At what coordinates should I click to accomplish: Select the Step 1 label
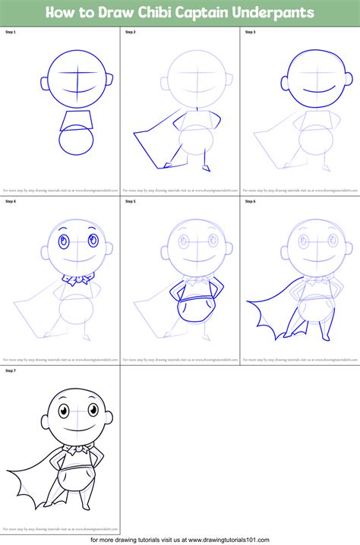pyautogui.click(x=10, y=33)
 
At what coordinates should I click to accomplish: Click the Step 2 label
pyautogui.click(x=130, y=33)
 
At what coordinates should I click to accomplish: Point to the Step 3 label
pyautogui.click(x=250, y=33)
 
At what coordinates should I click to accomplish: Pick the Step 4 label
pyautogui.click(x=10, y=202)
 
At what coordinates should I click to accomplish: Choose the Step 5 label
pyautogui.click(x=130, y=202)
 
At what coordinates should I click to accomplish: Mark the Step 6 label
pyautogui.click(x=250, y=202)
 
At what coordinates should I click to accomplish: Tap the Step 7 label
pyautogui.click(x=10, y=370)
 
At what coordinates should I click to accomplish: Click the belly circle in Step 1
pyautogui.click(x=76, y=142)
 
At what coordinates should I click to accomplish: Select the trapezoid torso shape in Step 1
pyautogui.click(x=77, y=119)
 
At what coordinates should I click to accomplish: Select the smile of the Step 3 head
pyautogui.click(x=315, y=90)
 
